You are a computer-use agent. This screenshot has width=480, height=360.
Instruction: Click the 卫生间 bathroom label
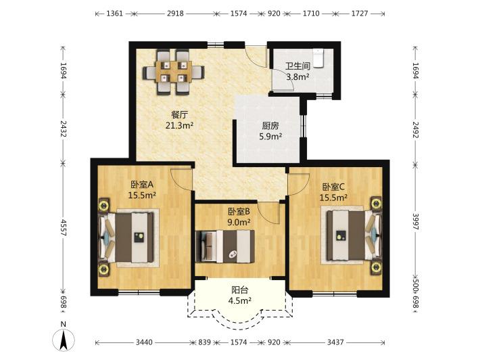pyautogui.click(x=297, y=66)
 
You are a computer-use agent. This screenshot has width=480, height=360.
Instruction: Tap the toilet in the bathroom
pyautogui.click(x=318, y=58)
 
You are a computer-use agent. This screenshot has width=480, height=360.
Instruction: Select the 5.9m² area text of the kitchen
pyautogui.click(x=270, y=137)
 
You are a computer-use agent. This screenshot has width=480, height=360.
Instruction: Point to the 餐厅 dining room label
pyautogui.click(x=179, y=115)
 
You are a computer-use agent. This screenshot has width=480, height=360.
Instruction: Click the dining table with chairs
pyautogui.click(x=174, y=72)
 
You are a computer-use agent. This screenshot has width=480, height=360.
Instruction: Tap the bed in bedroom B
pyautogui.click(x=225, y=246)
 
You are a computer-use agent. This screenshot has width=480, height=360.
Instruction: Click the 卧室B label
pyautogui.click(x=239, y=211)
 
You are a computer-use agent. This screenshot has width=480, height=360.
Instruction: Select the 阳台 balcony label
pyautogui.click(x=240, y=290)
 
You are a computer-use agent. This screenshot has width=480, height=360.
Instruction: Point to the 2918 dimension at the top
pyautogui.click(x=175, y=14)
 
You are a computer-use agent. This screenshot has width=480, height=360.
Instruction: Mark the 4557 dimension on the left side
pyautogui.click(x=64, y=227)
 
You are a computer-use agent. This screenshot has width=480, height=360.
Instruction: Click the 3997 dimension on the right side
pyautogui.click(x=415, y=221)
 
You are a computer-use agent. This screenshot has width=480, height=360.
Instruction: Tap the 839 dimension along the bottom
pyautogui.click(x=205, y=342)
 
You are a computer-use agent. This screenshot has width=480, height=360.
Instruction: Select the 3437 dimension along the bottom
pyautogui.click(x=335, y=342)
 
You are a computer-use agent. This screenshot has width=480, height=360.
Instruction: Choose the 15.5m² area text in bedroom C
pyautogui.click(x=334, y=198)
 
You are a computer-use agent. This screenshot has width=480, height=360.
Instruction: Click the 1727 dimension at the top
pyautogui.click(x=360, y=14)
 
